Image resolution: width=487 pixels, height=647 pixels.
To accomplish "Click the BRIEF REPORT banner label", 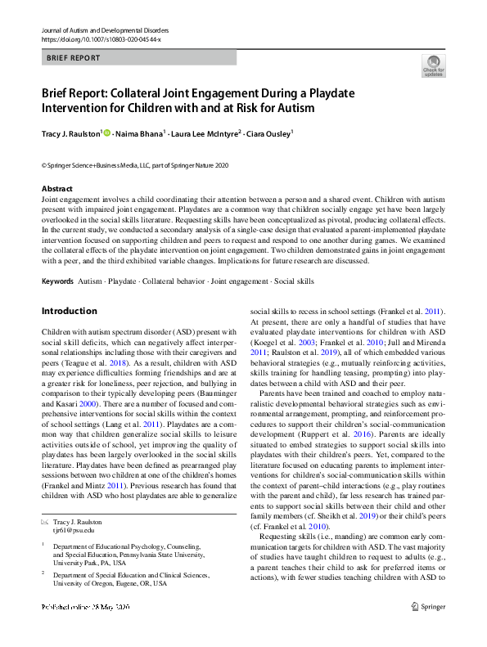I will click(74, 58).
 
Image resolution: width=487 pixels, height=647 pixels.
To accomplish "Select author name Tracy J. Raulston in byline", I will click(70, 133).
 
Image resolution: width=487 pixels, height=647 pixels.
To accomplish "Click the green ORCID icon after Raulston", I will click(107, 133).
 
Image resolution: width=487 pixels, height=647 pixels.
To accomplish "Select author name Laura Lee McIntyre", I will click(204, 133).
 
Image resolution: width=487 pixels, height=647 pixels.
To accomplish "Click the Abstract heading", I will click(56, 189).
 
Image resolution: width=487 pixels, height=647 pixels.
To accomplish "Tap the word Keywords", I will click(56, 281).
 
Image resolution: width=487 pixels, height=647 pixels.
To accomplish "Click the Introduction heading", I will click(69, 311).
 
